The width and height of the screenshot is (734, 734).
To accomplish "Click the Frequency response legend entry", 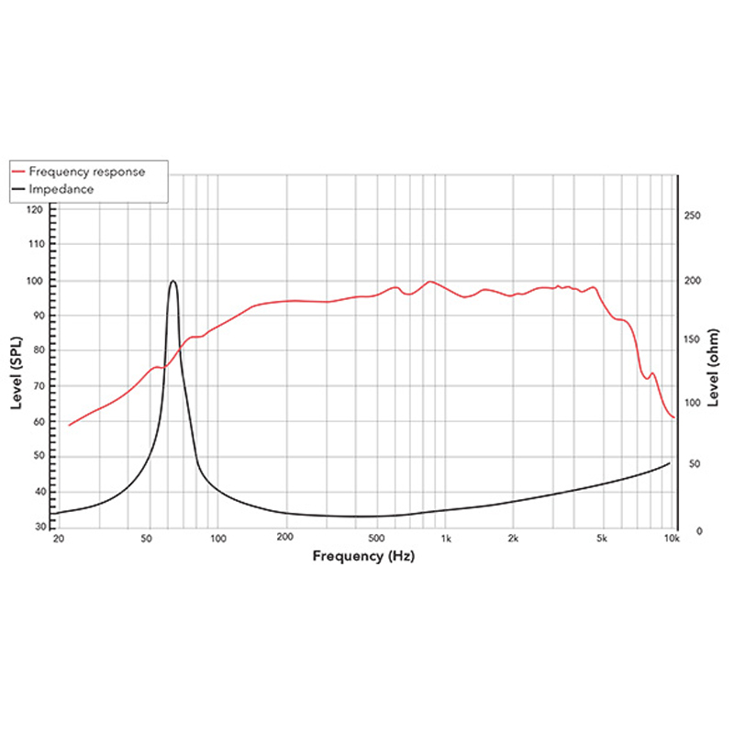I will (86, 172).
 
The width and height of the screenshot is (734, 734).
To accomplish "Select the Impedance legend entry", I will (61, 189).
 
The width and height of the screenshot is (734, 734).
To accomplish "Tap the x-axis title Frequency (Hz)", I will (363, 556).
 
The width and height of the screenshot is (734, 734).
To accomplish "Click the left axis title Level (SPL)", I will (17, 368).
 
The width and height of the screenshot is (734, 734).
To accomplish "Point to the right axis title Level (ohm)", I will (715, 368).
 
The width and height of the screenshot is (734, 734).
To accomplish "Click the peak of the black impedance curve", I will (172, 281).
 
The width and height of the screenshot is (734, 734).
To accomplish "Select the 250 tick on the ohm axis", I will (694, 216).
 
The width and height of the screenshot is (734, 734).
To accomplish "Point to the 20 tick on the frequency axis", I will (59, 539).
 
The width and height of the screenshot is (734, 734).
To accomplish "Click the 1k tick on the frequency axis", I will (446, 539).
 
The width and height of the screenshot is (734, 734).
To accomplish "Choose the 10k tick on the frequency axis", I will (672, 539).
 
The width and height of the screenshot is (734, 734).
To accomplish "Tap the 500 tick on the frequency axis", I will (378, 539).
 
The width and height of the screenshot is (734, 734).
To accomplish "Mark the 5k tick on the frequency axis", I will (603, 539).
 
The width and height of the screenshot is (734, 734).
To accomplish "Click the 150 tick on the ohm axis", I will (694, 340).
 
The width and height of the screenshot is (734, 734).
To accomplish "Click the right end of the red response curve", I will (674, 417).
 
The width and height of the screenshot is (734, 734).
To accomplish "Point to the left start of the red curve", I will (69, 426).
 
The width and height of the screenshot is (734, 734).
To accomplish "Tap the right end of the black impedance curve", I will (670, 462).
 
